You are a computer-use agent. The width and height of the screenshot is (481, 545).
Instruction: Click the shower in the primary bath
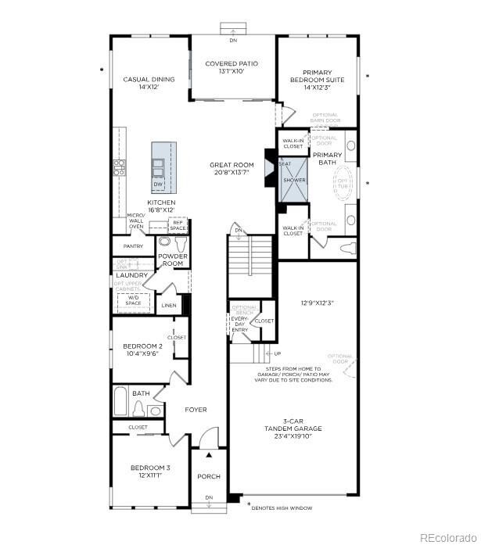tap(294, 181)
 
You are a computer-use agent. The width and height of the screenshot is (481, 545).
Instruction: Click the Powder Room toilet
tap(166, 243)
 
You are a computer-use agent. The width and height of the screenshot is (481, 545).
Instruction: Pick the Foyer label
tap(195, 410)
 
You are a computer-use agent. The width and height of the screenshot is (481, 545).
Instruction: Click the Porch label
tap(209, 477)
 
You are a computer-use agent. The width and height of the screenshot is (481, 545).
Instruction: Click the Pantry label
tap(133, 246)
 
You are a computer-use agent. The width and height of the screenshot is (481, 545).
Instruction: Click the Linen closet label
tap(169, 306)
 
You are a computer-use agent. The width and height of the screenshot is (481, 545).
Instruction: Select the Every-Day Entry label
tap(240, 324)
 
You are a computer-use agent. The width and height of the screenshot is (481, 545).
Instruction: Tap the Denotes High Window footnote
tap(283, 508)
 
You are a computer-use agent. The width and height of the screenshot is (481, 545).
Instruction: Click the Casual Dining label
tap(149, 84)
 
